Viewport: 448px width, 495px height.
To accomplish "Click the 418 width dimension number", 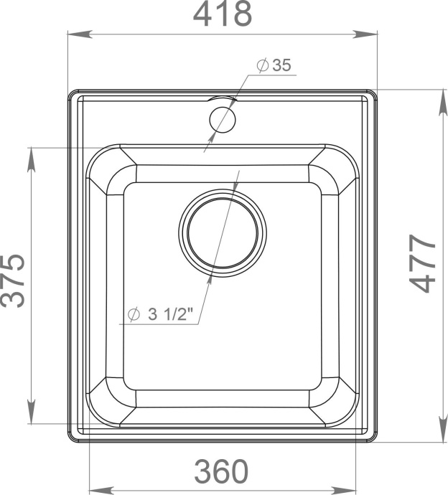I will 222,14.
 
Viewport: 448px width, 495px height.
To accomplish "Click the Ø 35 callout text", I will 274,66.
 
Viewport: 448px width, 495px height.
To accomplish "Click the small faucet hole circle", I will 222,118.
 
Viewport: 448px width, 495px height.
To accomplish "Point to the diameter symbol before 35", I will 263,66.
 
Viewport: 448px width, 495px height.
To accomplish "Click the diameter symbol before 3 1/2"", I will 133,315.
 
